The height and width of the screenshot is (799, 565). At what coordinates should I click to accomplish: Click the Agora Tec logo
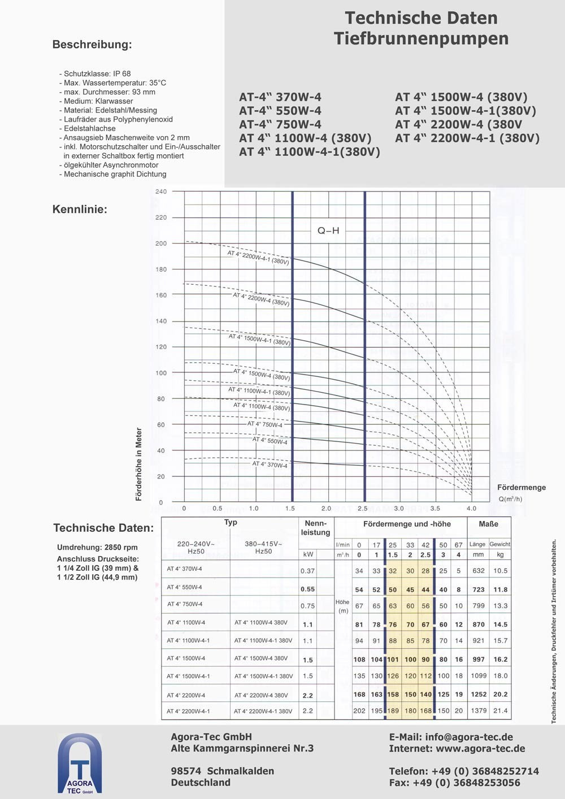click(x=80, y=765)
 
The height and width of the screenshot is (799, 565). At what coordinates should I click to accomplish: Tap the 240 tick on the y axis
click(x=161, y=192)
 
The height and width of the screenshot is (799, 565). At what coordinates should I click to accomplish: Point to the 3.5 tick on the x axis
click(x=434, y=509)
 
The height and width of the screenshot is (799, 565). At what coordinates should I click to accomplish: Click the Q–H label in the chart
click(x=328, y=231)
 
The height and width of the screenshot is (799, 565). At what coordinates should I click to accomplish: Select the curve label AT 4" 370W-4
click(x=270, y=464)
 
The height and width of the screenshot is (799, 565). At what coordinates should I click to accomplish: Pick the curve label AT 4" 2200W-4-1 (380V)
click(x=258, y=258)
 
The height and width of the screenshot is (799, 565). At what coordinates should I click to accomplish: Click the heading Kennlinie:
click(x=80, y=209)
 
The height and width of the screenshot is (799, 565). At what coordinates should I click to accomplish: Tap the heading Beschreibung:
click(x=92, y=45)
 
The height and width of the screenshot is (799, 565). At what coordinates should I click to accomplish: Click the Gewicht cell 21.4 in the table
click(x=500, y=711)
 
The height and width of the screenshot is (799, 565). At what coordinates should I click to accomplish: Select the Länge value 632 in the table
click(x=479, y=571)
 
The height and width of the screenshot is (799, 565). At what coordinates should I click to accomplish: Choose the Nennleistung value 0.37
click(x=307, y=571)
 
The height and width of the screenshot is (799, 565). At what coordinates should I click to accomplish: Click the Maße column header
click(x=488, y=524)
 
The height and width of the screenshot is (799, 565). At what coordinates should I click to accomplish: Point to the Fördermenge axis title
click(x=521, y=487)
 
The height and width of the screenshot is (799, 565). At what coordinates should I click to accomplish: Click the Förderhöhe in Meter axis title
click(x=139, y=464)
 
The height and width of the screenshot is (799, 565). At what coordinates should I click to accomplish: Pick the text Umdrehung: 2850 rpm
click(x=97, y=547)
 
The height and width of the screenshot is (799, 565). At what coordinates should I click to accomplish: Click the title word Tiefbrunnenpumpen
click(x=421, y=38)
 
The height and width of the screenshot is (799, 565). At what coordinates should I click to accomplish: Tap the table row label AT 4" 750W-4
click(x=185, y=604)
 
